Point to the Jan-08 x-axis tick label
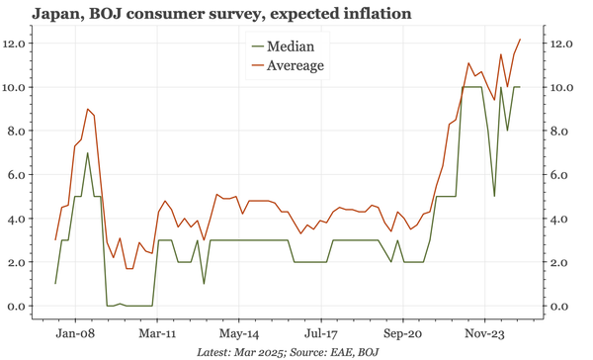coord(75,334)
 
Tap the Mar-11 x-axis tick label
coord(157,334)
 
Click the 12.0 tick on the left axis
coord(18,44)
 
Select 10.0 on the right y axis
coord(560,87)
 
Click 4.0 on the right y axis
coord(558,219)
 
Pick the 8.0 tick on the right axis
coord(558,132)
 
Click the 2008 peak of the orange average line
coord(87,109)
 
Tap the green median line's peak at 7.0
coord(87,153)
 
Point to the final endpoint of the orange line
coord(521,40)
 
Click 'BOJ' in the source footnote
coord(367,352)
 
